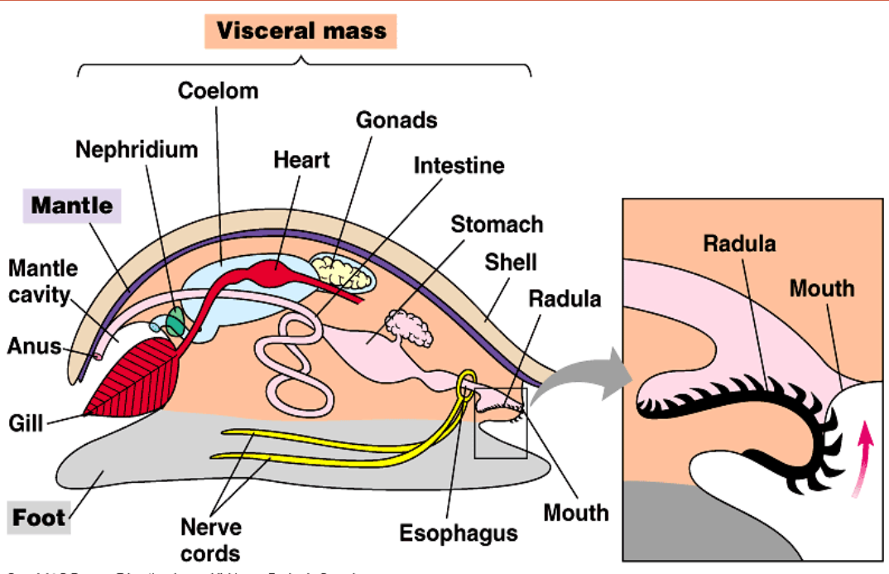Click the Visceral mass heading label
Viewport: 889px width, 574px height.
[301, 32]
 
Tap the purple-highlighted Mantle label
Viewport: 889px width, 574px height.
[72, 205]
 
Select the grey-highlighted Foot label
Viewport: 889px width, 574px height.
[39, 519]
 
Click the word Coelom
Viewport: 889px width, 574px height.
[218, 90]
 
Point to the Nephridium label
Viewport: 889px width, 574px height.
[137, 150]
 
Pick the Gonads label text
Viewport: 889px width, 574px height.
[396, 120]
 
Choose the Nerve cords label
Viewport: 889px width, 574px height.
[211, 539]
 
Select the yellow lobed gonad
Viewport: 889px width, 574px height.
[341, 272]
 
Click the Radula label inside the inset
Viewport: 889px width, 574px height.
[739, 244]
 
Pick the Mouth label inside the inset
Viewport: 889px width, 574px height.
[821, 288]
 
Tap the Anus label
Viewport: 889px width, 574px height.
[34, 345]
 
